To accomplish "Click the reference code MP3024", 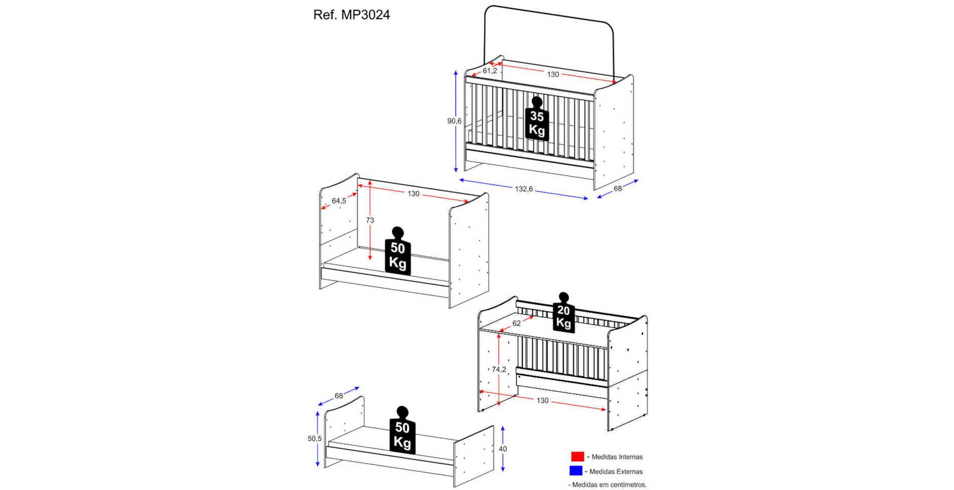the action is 365,15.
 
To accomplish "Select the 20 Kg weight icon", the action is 564,313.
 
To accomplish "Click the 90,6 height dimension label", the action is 454,121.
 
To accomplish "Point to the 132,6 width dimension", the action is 524,189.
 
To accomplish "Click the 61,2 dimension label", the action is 490,71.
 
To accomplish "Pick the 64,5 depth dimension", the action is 339,201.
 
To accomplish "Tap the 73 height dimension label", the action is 370,220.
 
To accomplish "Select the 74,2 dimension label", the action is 499,369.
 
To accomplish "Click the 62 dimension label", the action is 517,323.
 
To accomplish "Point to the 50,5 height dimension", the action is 315,439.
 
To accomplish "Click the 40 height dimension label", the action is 503,449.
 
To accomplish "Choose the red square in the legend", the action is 578,457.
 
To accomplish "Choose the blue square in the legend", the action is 576,471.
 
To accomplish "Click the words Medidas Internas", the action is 617,457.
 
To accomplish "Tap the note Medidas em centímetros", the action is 610,485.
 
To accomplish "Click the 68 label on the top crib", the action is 618,189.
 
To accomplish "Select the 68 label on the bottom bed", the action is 339,396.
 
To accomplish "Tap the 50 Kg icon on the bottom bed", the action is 402,430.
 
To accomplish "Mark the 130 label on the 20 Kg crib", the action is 542,400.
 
